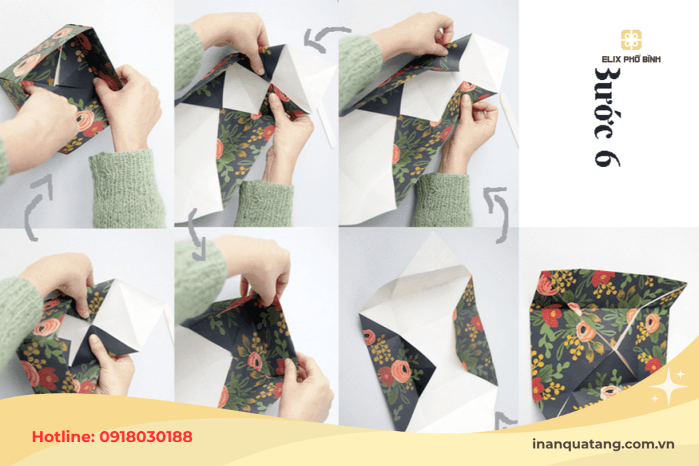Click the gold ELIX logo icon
coord(631,40)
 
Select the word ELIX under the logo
coord(611,59)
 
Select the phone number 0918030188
coord(146,437)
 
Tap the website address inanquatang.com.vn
coord(603,444)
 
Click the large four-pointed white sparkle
coord(669,386)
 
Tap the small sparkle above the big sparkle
coord(681,375)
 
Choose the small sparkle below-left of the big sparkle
coord(655,398)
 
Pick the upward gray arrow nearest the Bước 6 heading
coord(499,213)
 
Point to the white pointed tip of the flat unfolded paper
coord(432,232)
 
